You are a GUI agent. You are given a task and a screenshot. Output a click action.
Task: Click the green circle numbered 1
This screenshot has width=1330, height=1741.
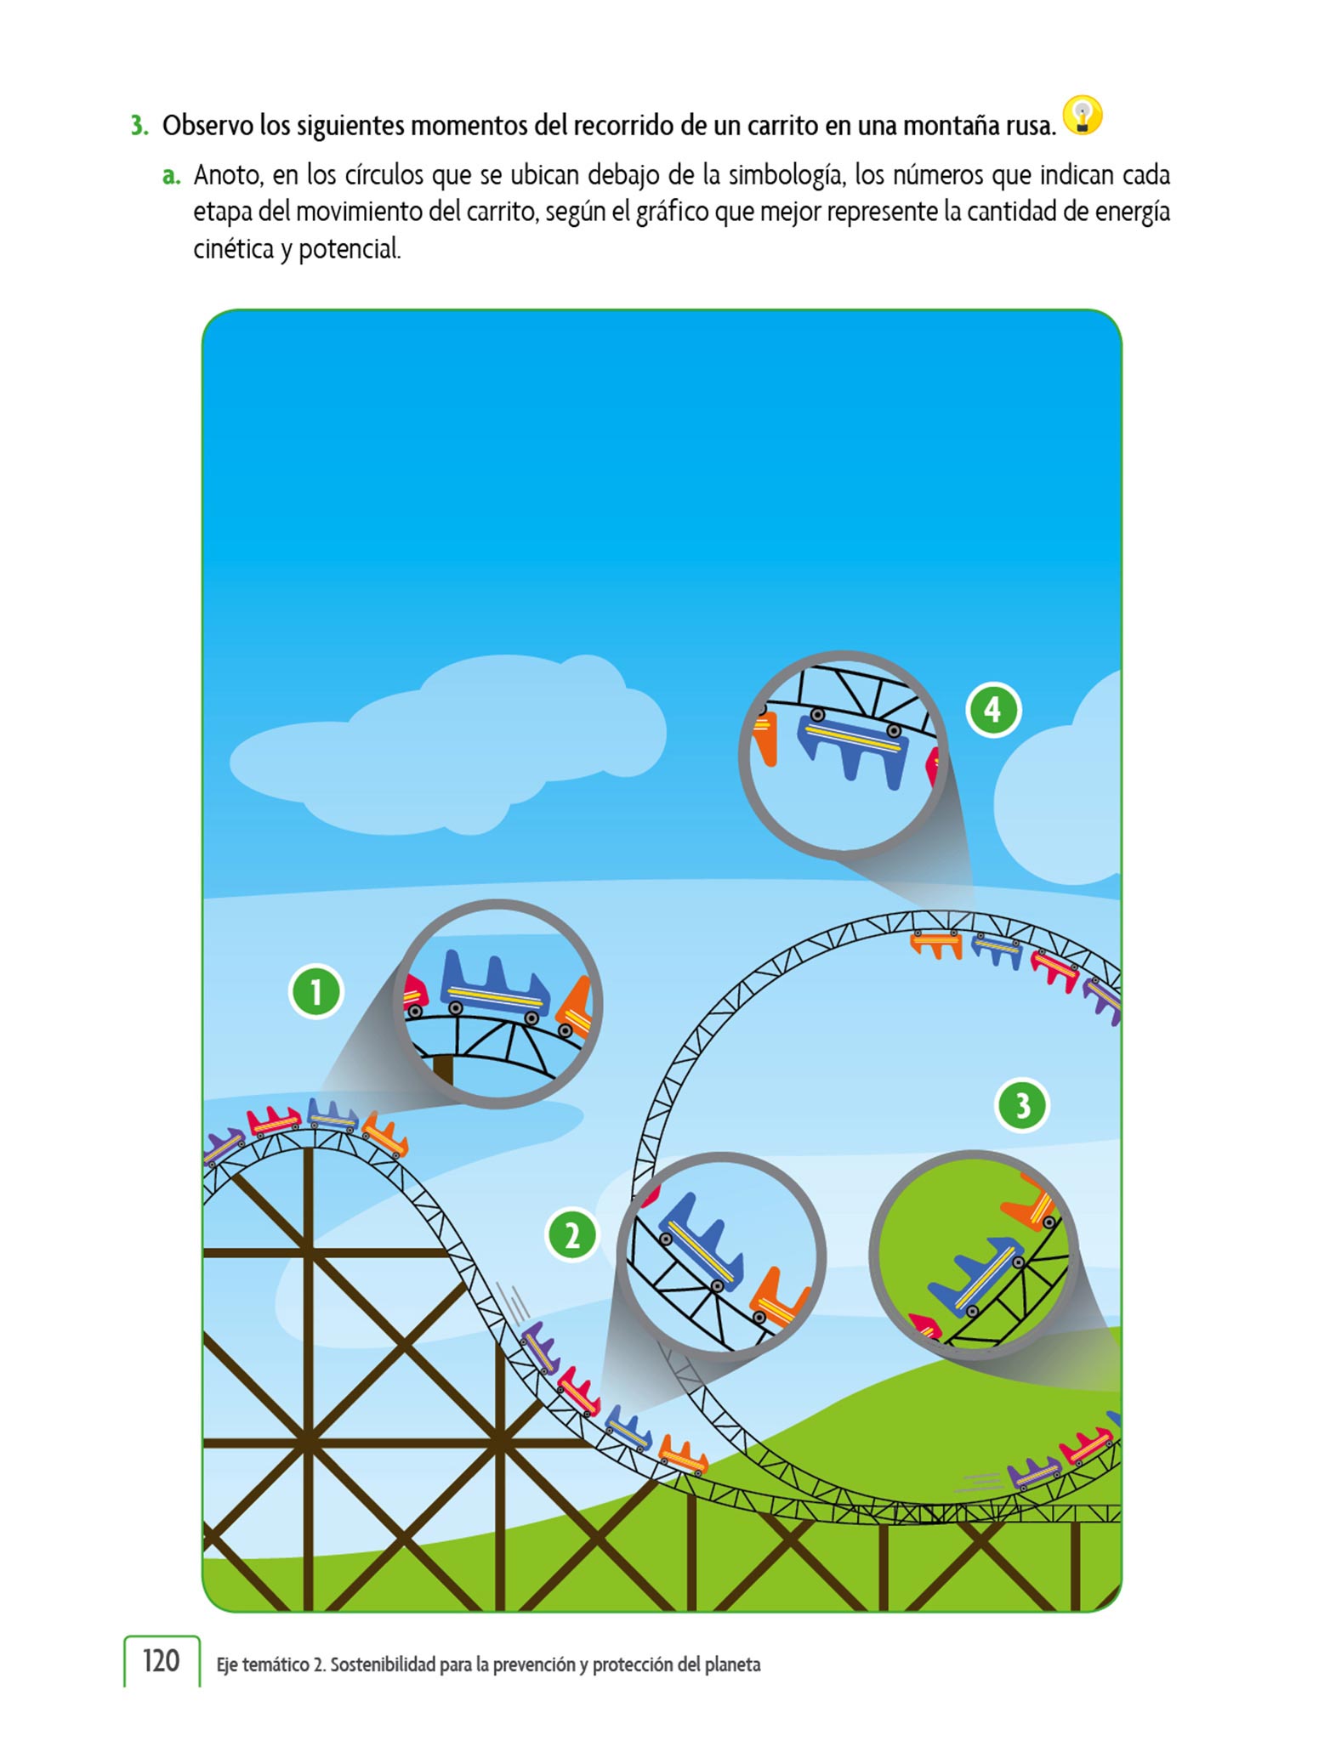[x=316, y=991]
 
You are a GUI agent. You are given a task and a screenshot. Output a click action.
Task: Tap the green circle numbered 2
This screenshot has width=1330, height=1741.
[x=572, y=1235]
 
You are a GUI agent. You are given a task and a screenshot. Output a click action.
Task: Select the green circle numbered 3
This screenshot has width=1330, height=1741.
[x=1022, y=1105]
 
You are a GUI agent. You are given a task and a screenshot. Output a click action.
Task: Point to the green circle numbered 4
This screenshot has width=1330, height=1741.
[x=993, y=710]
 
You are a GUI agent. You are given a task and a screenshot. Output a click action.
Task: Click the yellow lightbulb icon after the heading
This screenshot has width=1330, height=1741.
[x=1083, y=116]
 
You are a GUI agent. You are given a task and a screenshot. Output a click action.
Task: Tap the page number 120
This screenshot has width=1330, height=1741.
[x=161, y=1660]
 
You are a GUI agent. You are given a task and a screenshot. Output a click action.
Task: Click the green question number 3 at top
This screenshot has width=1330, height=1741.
[x=139, y=126]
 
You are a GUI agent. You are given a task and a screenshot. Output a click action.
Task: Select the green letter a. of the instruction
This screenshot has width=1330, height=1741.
[x=172, y=175]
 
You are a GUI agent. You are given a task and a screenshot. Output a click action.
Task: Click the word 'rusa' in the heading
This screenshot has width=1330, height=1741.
[x=1026, y=126]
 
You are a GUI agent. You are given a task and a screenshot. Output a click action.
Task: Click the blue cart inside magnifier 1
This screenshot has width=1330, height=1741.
[x=494, y=985]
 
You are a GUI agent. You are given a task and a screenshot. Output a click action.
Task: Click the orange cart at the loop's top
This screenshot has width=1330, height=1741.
[x=936, y=943]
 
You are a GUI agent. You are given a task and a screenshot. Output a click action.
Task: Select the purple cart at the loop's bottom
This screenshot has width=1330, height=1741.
[x=1035, y=1473]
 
